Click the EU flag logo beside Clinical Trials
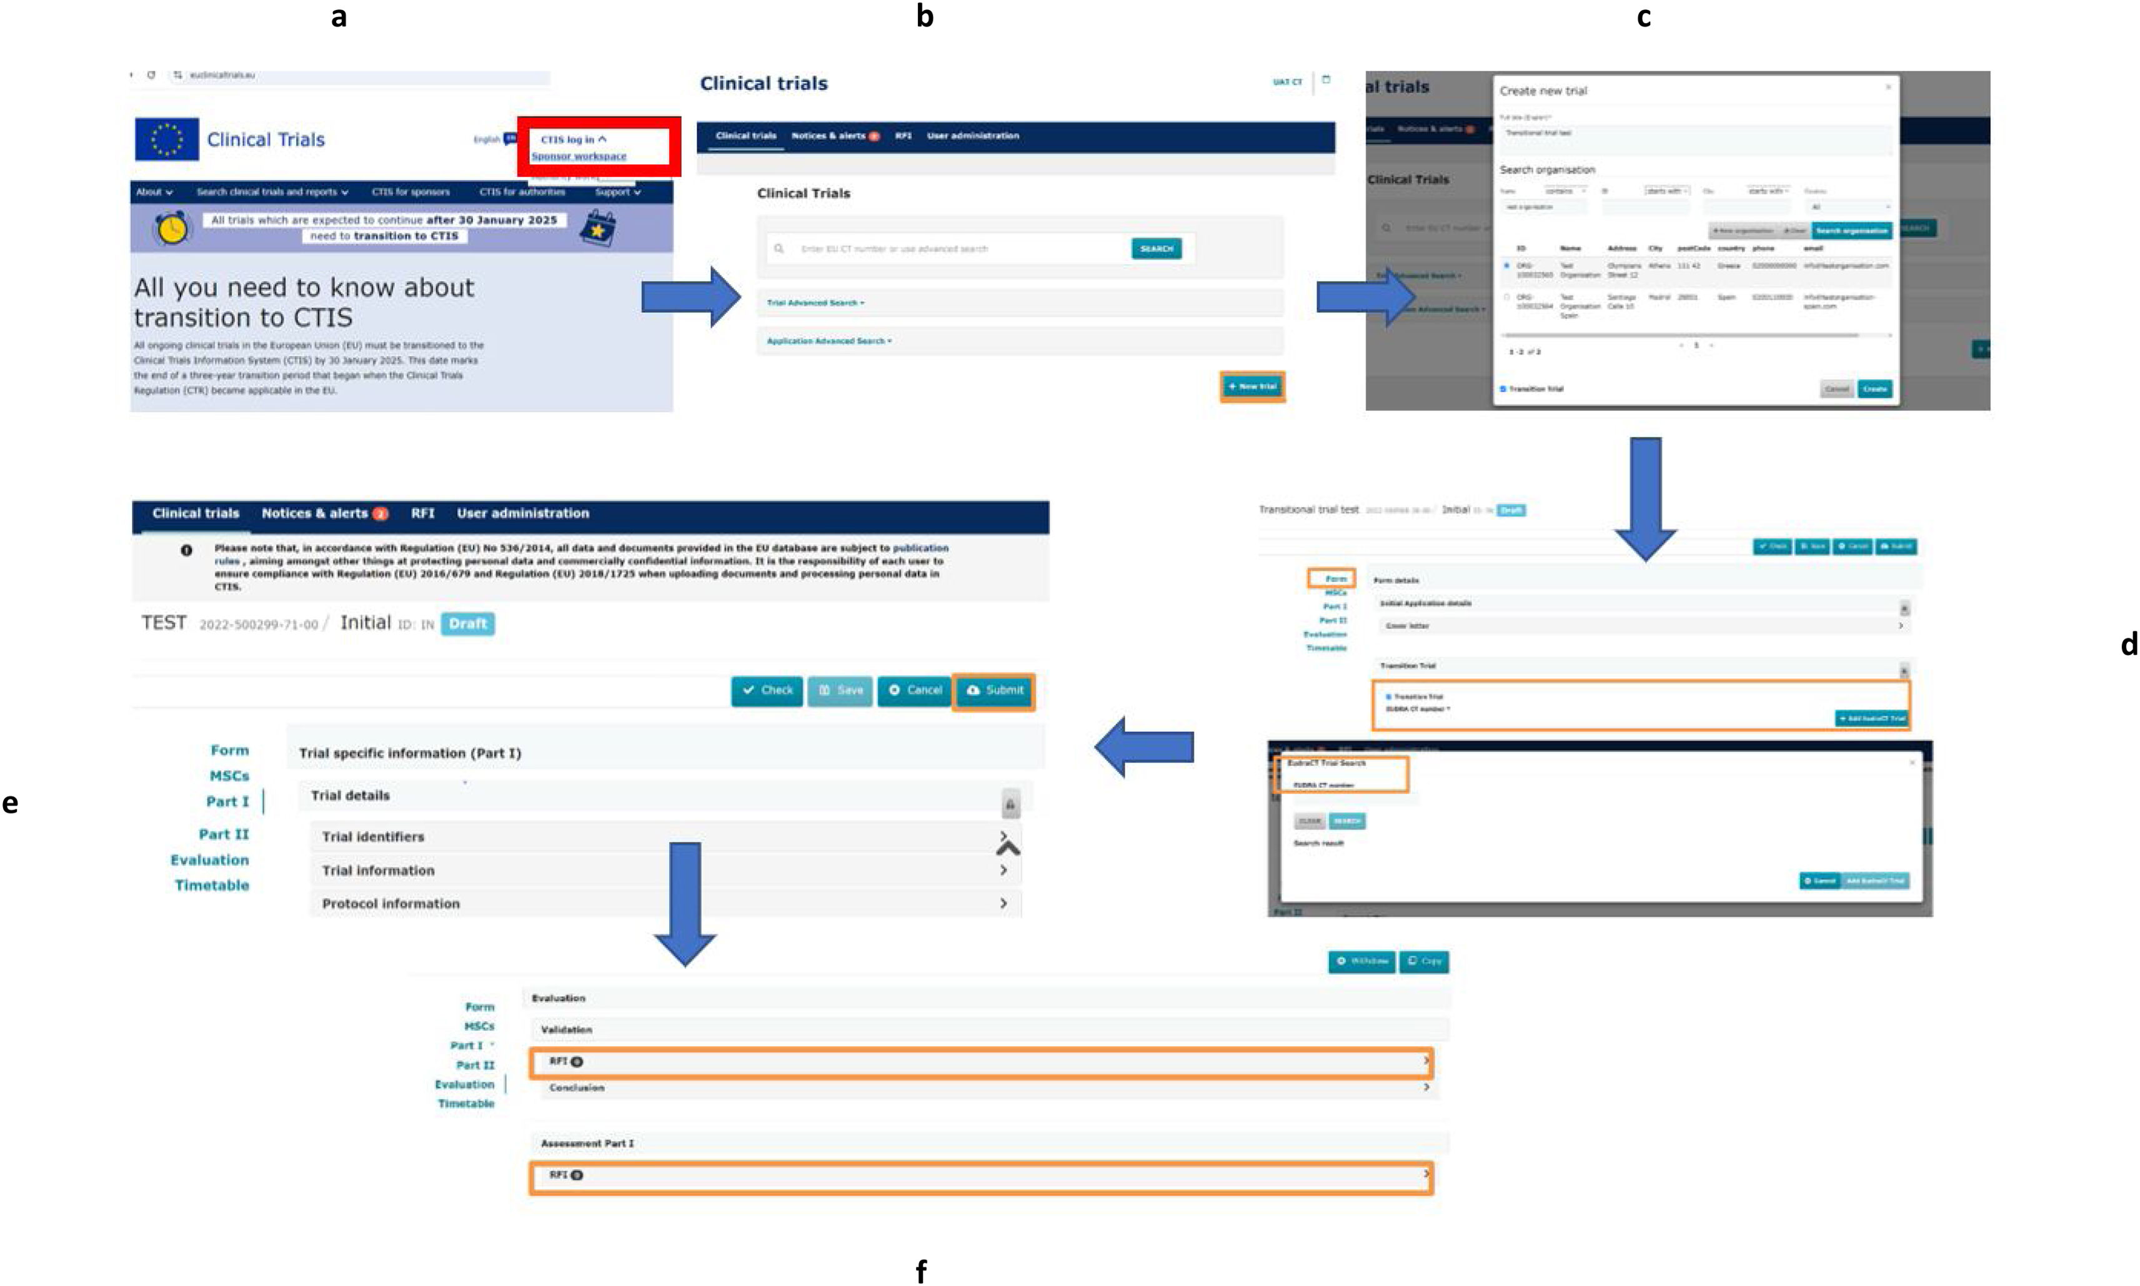(x=166, y=139)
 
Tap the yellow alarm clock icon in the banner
(x=172, y=228)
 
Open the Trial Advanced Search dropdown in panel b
(x=815, y=302)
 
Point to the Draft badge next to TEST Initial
(x=467, y=623)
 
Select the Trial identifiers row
(x=663, y=836)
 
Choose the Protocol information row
(x=663, y=903)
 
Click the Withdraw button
(x=1361, y=961)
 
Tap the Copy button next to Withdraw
(x=1423, y=961)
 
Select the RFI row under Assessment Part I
(x=980, y=1176)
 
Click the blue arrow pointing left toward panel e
(x=1144, y=746)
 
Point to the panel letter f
(x=920, y=1271)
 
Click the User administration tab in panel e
(x=522, y=513)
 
